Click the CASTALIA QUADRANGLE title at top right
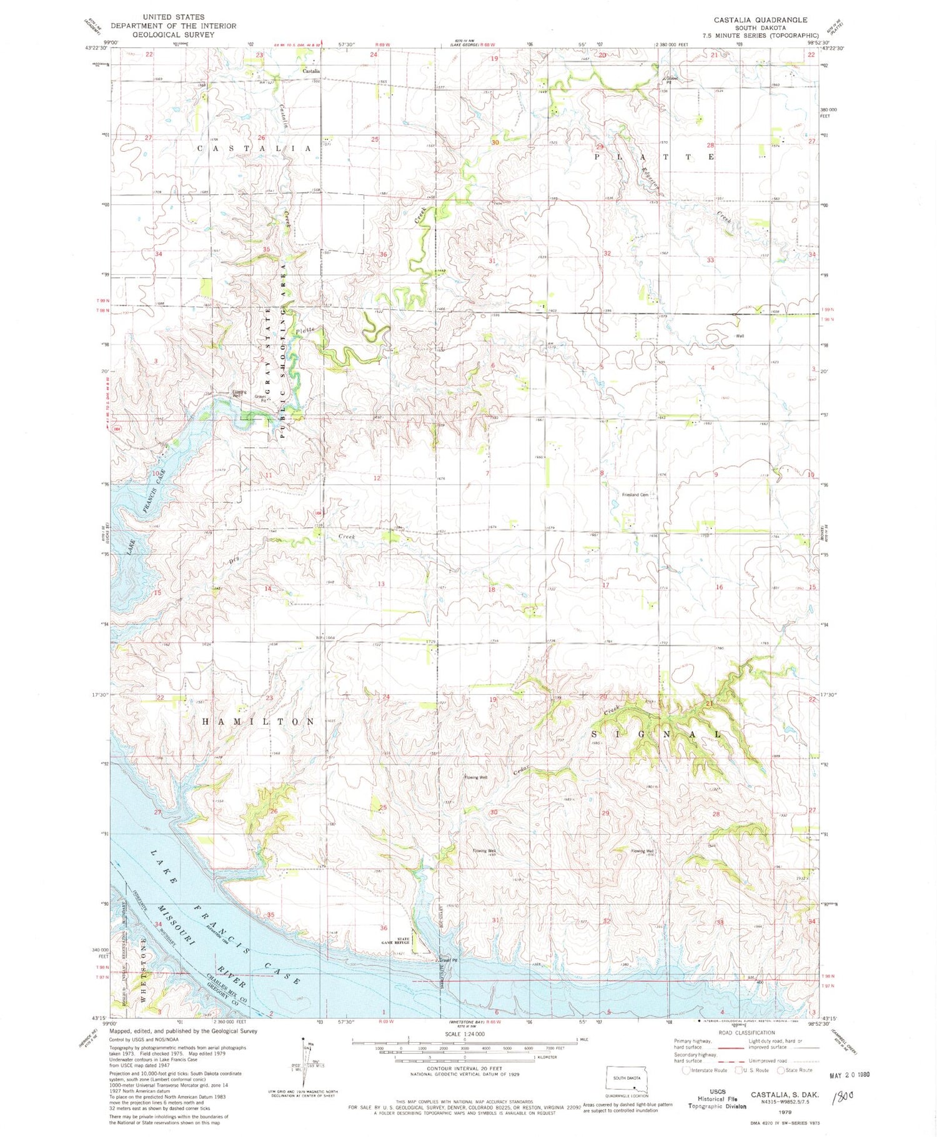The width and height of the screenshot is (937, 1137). coord(760,20)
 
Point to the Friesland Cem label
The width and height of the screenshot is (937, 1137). coord(635,495)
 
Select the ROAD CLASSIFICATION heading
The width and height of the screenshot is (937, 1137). coord(747,1050)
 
